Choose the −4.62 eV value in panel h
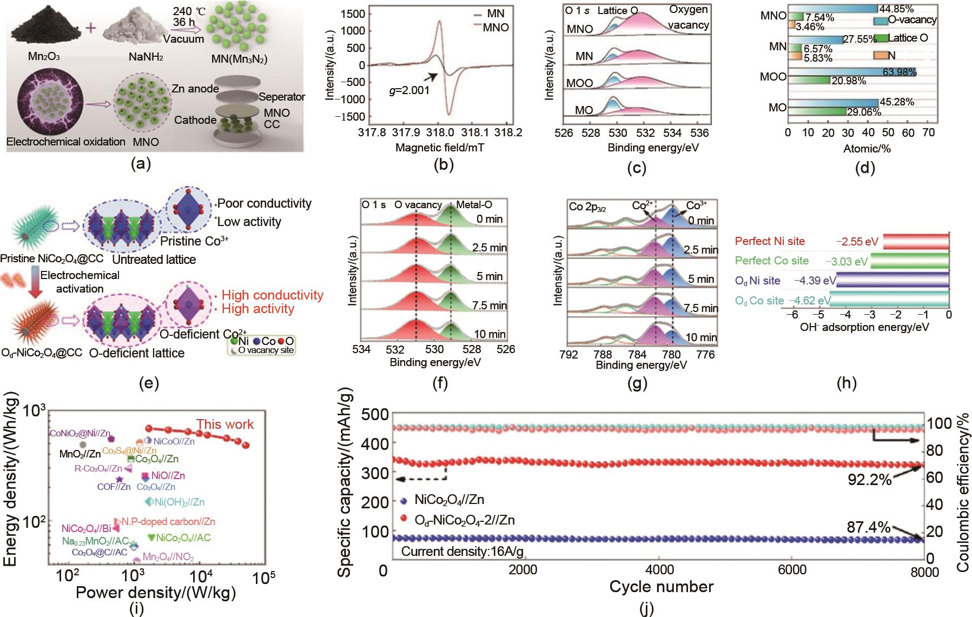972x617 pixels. (x=809, y=301)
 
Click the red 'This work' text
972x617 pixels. (x=224, y=424)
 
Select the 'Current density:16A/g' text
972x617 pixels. (x=462, y=552)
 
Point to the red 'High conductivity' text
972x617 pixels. (x=273, y=295)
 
